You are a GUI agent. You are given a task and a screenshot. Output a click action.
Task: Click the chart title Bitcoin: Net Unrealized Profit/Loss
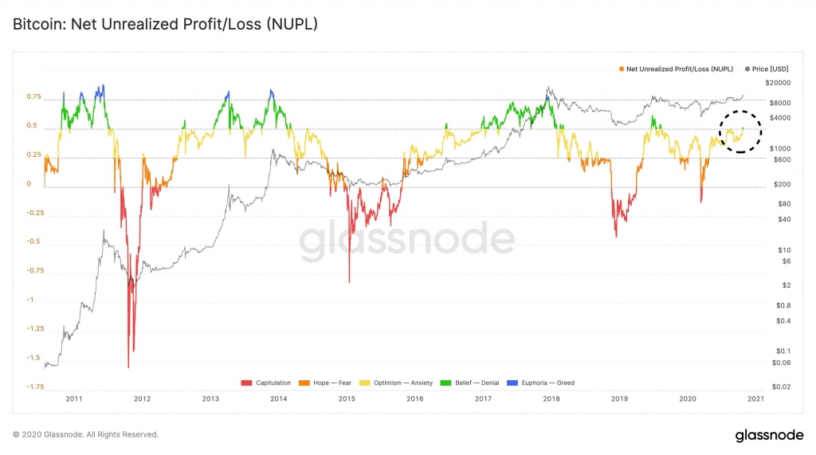165,24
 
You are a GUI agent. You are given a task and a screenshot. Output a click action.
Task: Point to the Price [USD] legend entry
767,69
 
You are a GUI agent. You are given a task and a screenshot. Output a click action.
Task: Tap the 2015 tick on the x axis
347,398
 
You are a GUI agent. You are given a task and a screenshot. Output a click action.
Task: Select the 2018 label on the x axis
551,398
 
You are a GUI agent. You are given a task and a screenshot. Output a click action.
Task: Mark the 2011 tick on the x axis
74,398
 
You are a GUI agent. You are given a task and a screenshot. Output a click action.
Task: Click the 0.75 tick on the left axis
33,97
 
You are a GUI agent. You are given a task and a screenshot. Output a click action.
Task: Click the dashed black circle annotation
740,131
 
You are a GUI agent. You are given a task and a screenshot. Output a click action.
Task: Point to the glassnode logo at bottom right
768,435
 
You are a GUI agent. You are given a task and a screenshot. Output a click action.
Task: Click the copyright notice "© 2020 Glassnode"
85,434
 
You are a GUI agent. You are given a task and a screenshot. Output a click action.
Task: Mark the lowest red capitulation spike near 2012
128,367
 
